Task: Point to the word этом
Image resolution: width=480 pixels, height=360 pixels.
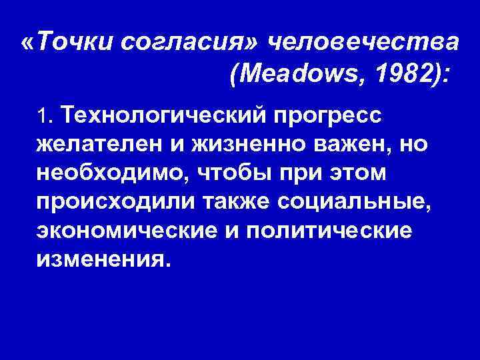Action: (x=359, y=173)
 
